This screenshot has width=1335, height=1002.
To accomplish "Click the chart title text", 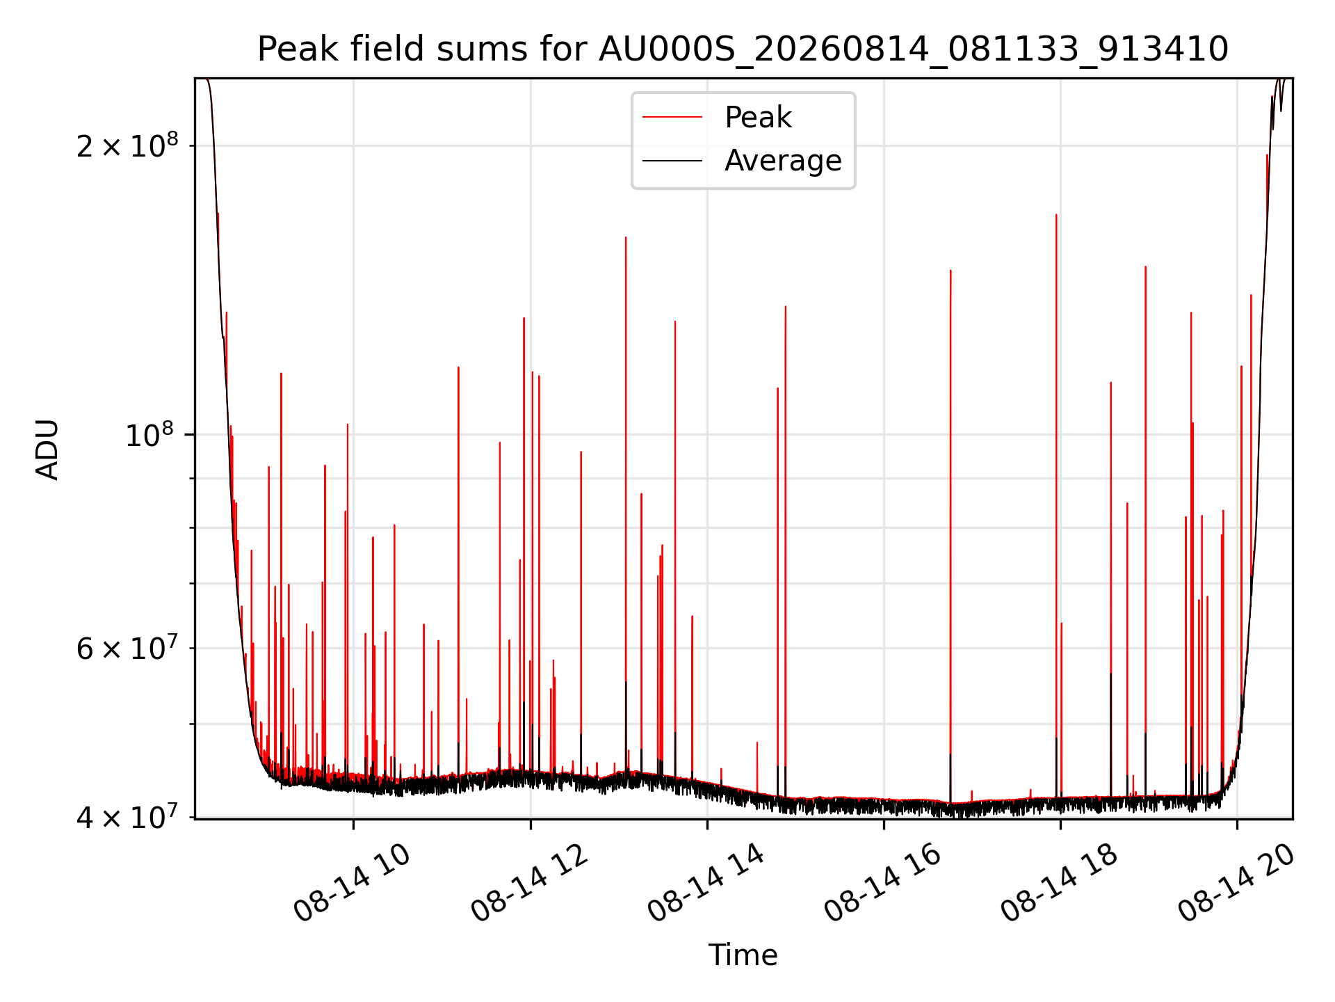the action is pyautogui.click(x=743, y=49).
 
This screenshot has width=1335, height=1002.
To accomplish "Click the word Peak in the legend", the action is pyautogui.click(x=758, y=117).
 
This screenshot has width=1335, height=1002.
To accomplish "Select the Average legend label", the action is pyautogui.click(x=783, y=161).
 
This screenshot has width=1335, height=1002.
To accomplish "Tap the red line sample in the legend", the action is pyautogui.click(x=672, y=118).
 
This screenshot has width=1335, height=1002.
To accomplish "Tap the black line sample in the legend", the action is pyautogui.click(x=672, y=161).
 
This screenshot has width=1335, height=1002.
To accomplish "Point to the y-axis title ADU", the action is pyautogui.click(x=47, y=449).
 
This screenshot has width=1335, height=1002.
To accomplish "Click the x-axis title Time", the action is pyautogui.click(x=743, y=955).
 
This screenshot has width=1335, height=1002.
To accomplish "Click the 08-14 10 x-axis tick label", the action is pyautogui.click(x=352, y=882).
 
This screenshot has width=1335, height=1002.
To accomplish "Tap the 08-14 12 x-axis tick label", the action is pyautogui.click(x=529, y=882).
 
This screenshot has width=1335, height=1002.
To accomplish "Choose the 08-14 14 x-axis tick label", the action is pyautogui.click(x=706, y=882).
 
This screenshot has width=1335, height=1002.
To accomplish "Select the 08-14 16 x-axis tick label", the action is pyautogui.click(x=882, y=882).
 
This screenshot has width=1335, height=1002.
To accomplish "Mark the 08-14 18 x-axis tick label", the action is pyautogui.click(x=1059, y=882).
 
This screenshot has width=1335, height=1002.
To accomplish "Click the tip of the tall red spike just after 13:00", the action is pyautogui.click(x=626, y=237).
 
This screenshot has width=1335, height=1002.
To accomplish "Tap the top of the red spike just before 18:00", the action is pyautogui.click(x=1056, y=214).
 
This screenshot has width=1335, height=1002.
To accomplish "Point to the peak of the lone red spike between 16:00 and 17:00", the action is pyautogui.click(x=950, y=270).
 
